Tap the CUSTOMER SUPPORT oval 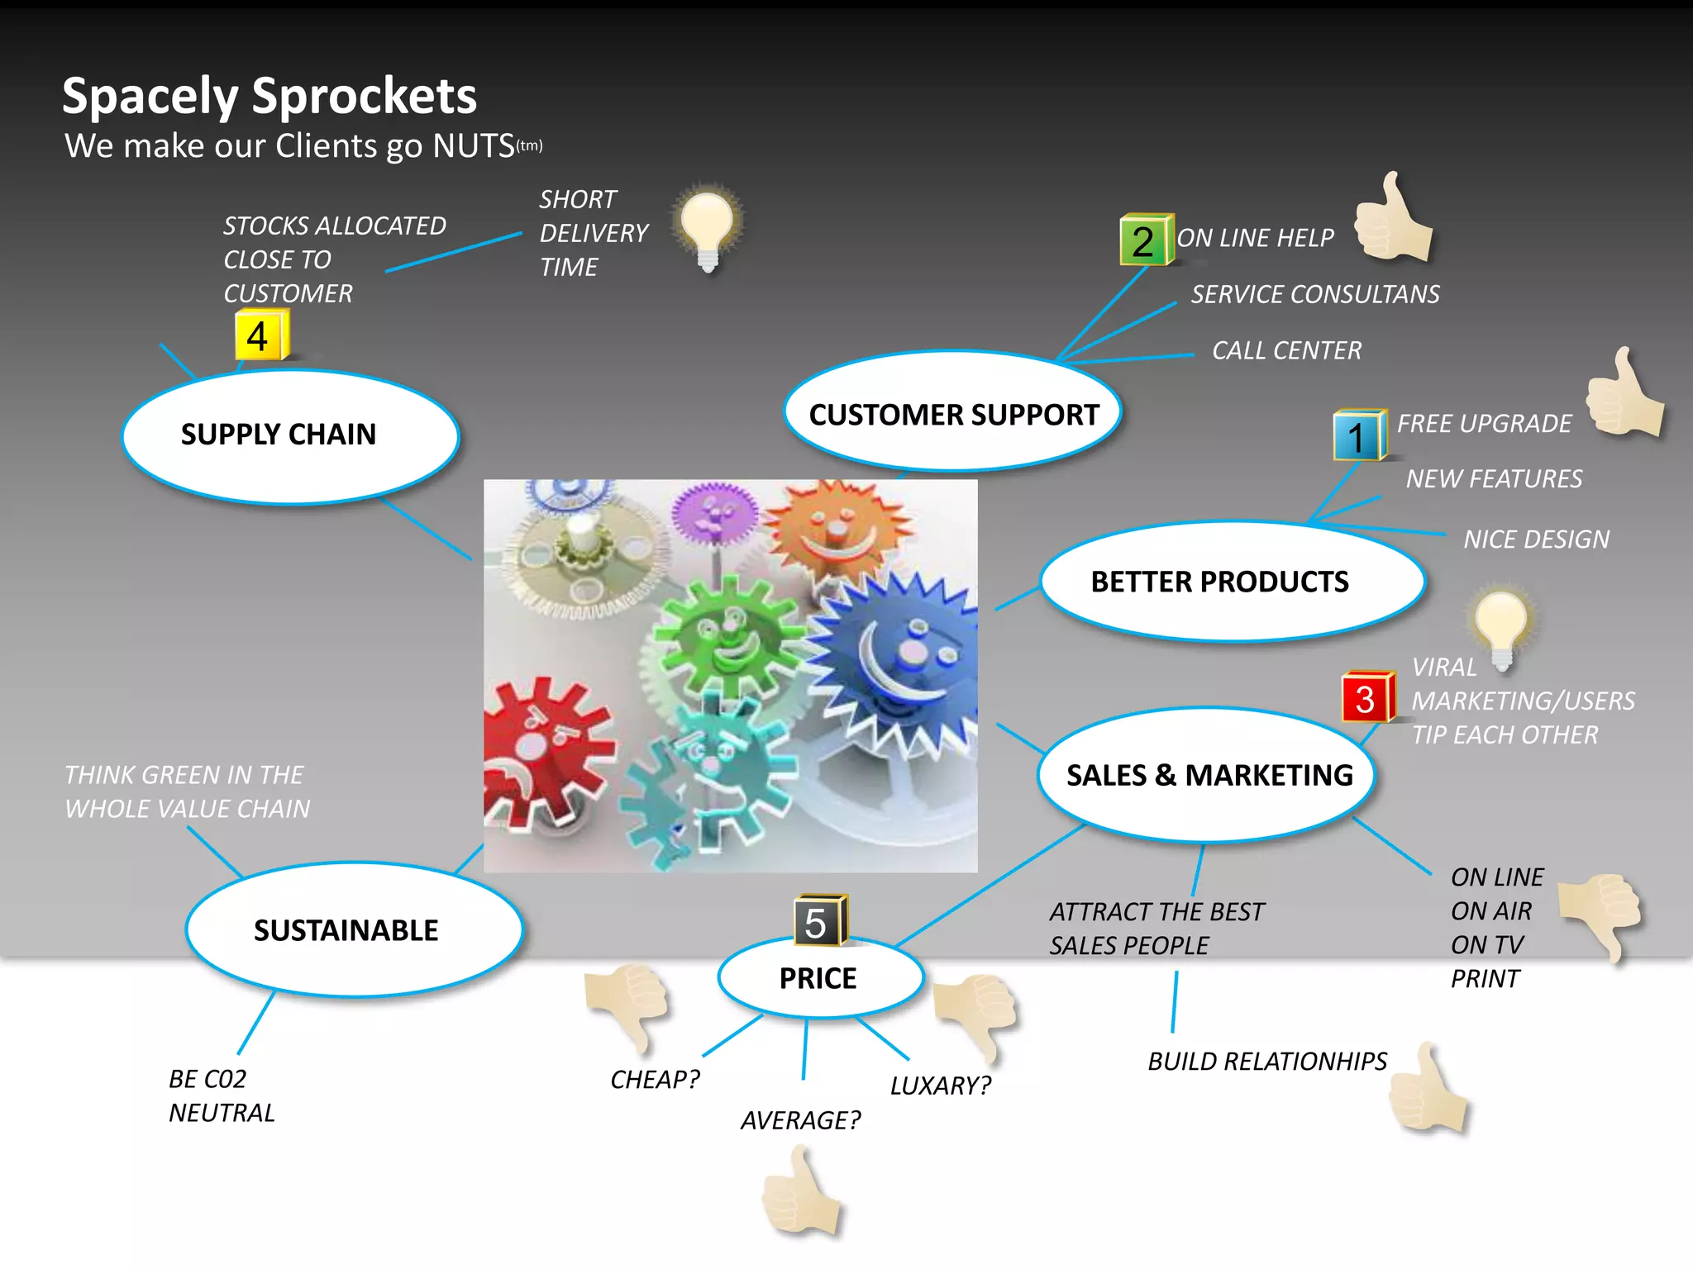[x=952, y=413]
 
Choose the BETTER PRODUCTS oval [x=1232, y=582]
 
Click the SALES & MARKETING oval [x=1207, y=775]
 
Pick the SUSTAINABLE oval [x=354, y=929]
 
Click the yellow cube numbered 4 [x=260, y=335]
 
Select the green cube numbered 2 [x=1146, y=240]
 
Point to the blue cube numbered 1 [x=1358, y=435]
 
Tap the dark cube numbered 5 [x=818, y=920]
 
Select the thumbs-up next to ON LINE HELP [x=1394, y=220]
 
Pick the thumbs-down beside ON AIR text [x=1602, y=914]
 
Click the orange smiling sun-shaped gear [x=835, y=529]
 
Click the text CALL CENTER [x=1286, y=350]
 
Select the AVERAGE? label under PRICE [x=800, y=1120]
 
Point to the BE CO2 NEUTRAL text [x=221, y=1096]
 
